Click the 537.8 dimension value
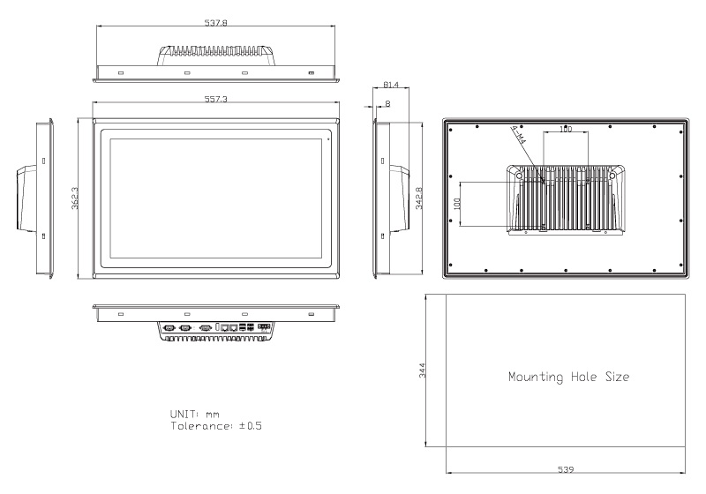(x=216, y=23)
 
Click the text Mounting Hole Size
(x=568, y=377)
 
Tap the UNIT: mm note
(x=194, y=413)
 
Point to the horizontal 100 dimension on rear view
(x=565, y=130)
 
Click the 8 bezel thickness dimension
(x=389, y=104)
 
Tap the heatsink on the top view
(x=215, y=54)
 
